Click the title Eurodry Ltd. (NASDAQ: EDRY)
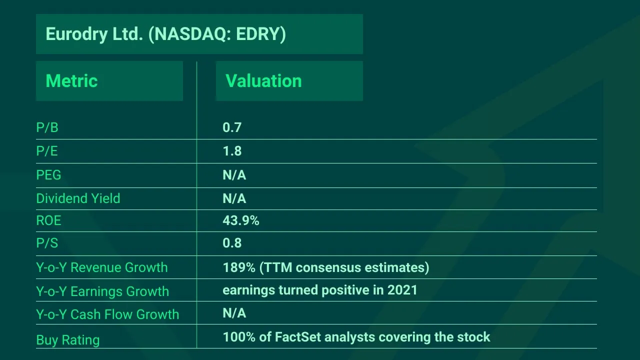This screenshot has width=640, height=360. (165, 34)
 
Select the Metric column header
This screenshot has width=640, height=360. (71, 81)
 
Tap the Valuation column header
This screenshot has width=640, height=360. (263, 81)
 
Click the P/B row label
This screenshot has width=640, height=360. (47, 128)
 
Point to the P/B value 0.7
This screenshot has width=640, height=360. (232, 127)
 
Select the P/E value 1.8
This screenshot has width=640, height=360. (232, 151)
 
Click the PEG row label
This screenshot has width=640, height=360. (48, 175)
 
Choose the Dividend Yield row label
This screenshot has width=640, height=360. (78, 198)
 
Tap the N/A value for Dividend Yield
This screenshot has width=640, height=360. (234, 198)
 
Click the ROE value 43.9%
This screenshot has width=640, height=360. (240, 220)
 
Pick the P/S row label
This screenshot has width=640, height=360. (47, 243)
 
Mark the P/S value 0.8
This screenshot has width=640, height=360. (232, 243)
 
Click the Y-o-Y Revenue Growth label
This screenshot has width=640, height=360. (101, 267)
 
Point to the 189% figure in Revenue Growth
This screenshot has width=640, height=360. (239, 267)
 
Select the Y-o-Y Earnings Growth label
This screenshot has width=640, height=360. (102, 291)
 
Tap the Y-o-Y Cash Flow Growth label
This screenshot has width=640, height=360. (107, 314)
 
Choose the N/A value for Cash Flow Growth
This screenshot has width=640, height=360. (234, 313)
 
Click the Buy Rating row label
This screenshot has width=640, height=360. (68, 340)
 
